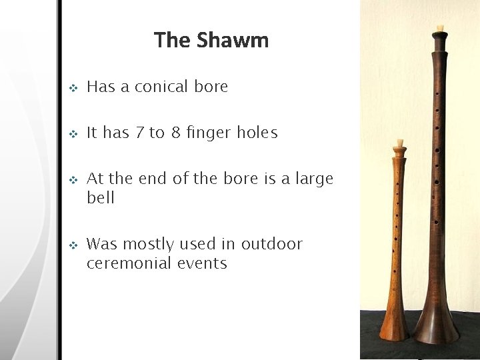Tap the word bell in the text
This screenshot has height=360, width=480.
(x=101, y=198)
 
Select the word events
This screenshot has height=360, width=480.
(x=202, y=263)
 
